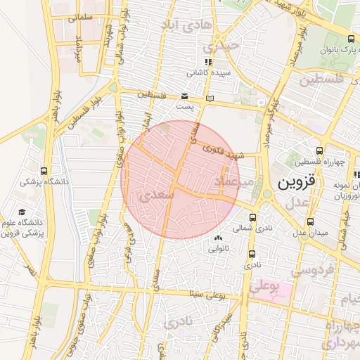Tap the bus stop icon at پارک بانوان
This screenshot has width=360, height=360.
(x=351, y=39)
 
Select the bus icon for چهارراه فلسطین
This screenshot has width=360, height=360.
(x=320, y=150)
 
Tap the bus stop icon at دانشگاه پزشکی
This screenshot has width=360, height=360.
(x=45, y=171)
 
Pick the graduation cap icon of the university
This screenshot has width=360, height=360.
(x=22, y=212)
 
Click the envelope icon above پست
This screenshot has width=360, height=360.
(x=184, y=96)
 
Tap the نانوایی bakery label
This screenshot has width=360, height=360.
(x=218, y=247)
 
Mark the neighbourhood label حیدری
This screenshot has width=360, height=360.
(x=221, y=47)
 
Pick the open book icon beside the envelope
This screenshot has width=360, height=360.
(x=208, y=98)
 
